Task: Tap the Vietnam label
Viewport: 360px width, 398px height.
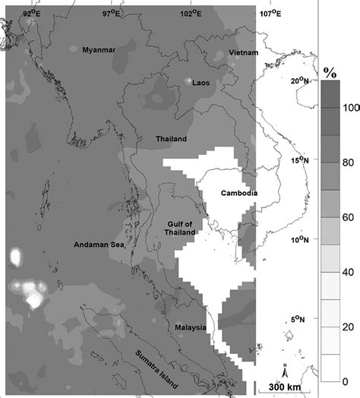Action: [244, 52]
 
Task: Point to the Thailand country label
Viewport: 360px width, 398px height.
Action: [171, 140]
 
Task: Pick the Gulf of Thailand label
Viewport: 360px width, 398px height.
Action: [180, 229]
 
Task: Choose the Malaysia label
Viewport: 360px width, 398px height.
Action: [191, 328]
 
